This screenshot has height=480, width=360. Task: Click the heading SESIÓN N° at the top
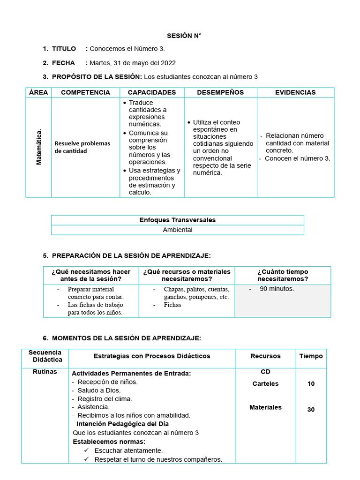(184, 36)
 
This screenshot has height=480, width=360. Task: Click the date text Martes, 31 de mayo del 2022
(133, 63)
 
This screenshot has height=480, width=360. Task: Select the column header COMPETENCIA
(85, 92)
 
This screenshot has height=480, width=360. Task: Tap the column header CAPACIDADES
(152, 92)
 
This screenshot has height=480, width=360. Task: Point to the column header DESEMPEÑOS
(220, 92)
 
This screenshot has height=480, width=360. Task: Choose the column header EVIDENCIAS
(295, 92)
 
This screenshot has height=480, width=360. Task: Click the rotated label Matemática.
(39, 147)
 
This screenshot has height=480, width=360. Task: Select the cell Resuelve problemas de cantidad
(82, 147)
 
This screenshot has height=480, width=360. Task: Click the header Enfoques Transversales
(177, 220)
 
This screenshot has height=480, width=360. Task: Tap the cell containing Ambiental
(177, 230)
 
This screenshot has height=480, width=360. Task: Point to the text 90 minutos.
(277, 289)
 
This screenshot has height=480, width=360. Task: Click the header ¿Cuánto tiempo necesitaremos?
(283, 275)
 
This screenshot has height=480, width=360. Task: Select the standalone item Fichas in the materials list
(172, 305)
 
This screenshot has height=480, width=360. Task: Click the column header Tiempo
(311, 356)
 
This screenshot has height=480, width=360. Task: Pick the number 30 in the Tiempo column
(311, 410)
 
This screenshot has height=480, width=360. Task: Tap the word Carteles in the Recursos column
(265, 384)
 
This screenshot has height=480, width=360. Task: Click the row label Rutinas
(45, 372)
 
